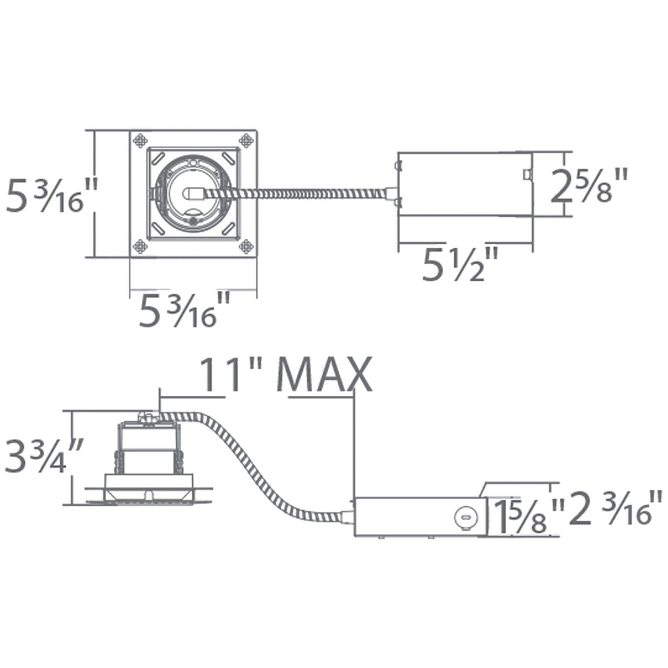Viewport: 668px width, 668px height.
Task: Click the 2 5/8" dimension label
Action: [x=589, y=185]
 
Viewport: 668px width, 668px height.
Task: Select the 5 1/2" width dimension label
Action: [x=459, y=265]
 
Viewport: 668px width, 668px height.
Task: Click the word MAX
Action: [x=323, y=375]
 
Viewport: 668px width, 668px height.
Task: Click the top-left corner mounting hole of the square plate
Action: [x=140, y=140]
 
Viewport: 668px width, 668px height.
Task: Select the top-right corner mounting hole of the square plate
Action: [x=246, y=140]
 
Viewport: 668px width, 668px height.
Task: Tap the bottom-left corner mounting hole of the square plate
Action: [x=140, y=247]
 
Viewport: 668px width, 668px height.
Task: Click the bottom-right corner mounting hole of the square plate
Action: [x=246, y=247]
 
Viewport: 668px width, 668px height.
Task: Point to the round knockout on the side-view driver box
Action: [x=466, y=517]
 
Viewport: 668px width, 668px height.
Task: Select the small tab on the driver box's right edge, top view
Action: [x=527, y=174]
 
